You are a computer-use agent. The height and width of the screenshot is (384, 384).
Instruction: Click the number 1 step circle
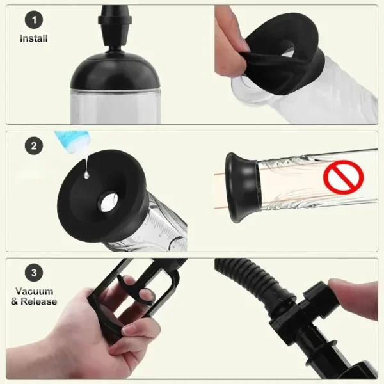click(x=34, y=20)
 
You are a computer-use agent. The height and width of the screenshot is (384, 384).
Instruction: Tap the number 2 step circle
click(x=34, y=146)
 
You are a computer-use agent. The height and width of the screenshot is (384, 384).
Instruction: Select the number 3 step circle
click(x=34, y=273)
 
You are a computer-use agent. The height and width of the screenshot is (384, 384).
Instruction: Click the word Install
click(x=34, y=38)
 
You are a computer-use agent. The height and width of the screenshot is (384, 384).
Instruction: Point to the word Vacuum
click(x=35, y=291)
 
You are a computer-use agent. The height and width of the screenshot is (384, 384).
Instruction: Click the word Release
click(x=38, y=301)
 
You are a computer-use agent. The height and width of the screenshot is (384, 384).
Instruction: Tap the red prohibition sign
click(x=343, y=177)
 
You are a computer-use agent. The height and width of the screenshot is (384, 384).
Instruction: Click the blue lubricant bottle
click(x=68, y=141)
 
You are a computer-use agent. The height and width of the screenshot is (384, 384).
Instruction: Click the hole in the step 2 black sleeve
click(x=108, y=202)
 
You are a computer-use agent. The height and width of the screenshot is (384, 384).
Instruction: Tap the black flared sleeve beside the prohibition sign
click(x=243, y=188)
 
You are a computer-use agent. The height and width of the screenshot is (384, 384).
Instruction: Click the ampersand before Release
click(x=15, y=301)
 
